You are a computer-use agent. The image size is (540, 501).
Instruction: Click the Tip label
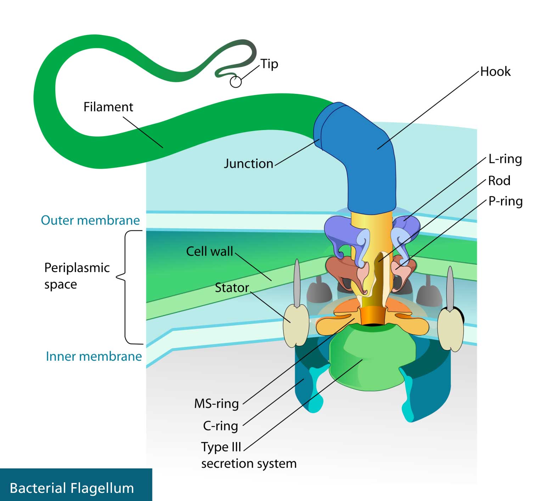coord(269,64)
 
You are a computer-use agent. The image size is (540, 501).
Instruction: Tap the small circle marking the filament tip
coord(236,82)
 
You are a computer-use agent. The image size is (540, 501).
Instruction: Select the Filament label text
coord(108,107)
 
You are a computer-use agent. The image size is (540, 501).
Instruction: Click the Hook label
coord(495,72)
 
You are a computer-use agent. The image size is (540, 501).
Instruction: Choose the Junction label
coord(248,164)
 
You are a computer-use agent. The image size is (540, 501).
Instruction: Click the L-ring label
coord(505,159)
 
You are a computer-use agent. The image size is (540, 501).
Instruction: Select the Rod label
coord(499,181)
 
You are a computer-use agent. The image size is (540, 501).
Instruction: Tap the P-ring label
coord(505,201)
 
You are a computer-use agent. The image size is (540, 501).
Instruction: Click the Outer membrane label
coord(90,220)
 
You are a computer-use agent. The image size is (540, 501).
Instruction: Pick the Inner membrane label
coord(94,356)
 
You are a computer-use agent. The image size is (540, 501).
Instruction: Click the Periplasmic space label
coord(77,276)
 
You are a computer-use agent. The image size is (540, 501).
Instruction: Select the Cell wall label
coord(209,252)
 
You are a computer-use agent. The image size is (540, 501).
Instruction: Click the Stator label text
coord(232,288)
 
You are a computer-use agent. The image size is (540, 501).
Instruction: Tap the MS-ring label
coord(216,404)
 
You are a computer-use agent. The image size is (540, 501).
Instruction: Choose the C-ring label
coord(220,426)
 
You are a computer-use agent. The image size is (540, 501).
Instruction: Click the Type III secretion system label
coord(248,455)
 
